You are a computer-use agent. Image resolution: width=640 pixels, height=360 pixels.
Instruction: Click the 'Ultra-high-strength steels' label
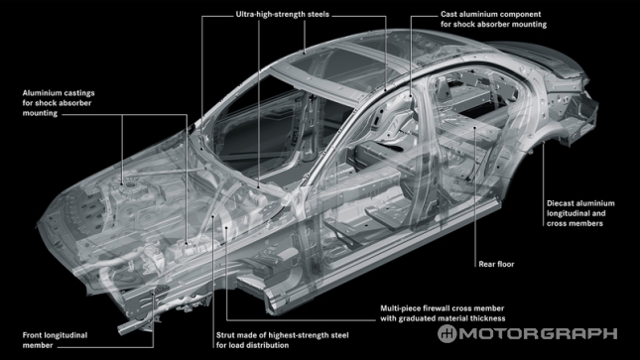pos(283,14)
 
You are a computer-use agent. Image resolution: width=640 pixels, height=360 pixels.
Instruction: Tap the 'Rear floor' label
pos(496,264)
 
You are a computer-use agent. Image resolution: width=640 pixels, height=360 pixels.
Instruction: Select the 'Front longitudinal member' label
pos(56,340)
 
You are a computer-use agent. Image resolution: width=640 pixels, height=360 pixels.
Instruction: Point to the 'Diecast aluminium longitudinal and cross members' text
pos(580,213)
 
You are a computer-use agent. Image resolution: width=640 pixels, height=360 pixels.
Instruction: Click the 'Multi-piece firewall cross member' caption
pos(442,308)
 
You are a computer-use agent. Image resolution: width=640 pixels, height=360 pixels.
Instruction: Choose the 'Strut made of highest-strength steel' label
pos(283,335)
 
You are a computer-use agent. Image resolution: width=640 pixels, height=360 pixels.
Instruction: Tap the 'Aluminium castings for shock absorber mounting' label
pos(59,103)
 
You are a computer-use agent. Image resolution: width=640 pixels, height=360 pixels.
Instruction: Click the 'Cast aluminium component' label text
pos(490,14)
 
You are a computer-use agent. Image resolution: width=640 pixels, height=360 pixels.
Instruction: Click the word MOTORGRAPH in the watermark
pos(539,333)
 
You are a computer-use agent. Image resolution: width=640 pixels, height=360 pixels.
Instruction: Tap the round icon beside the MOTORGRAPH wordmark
pos(448,333)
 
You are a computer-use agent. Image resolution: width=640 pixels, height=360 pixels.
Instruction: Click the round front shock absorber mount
pos(130,186)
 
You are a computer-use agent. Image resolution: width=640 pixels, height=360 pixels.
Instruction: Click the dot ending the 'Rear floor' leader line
pos(475,128)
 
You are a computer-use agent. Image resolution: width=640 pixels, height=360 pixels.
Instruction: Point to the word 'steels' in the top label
pos(318,14)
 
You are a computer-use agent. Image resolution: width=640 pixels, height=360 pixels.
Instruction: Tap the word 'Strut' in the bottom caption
pos(225,335)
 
